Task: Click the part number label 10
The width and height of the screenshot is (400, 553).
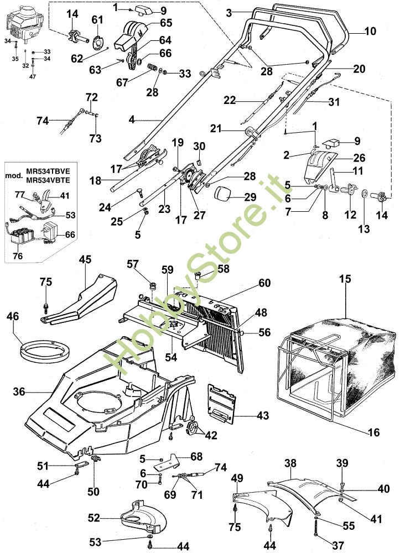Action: pyautogui.click(x=370, y=32)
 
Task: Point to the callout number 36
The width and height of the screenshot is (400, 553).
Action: pyautogui.click(x=19, y=392)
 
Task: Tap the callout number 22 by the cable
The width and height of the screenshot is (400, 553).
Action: pyautogui.click(x=230, y=100)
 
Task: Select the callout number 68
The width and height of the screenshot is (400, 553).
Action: pyautogui.click(x=196, y=456)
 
